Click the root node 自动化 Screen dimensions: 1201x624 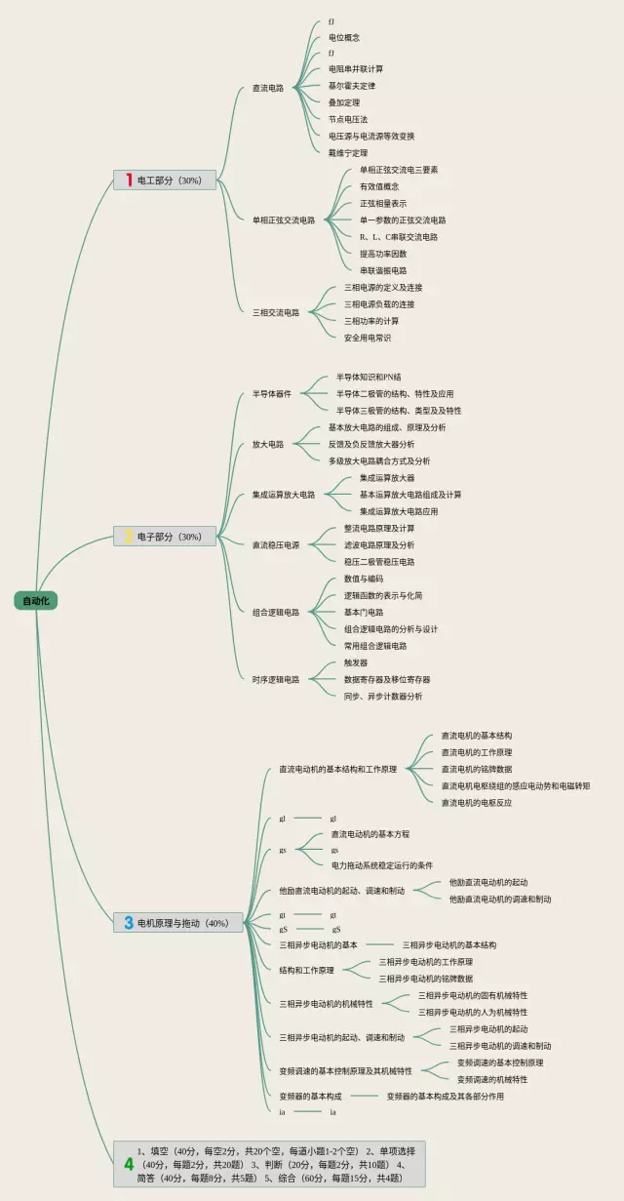[36, 600]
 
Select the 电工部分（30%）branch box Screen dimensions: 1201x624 [165, 180]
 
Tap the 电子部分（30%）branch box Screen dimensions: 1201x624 [165, 536]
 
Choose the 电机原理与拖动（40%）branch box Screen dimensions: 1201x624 [178, 922]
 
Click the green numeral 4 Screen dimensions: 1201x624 [129, 1164]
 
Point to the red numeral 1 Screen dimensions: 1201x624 [128, 180]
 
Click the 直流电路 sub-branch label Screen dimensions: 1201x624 [268, 88]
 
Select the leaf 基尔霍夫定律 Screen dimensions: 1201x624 [352, 86]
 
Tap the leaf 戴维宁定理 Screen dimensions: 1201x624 [348, 153]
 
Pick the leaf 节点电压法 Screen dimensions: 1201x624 [348, 119]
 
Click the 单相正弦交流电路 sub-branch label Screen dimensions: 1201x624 [284, 220]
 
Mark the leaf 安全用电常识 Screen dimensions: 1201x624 [368, 338]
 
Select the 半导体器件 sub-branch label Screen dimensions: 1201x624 [272, 394]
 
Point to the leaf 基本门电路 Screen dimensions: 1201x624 [364, 612]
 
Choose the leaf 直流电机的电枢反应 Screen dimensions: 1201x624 [476, 802]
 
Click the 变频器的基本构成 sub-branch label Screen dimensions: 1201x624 [310, 1096]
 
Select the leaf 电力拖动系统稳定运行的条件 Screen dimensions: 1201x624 [382, 865]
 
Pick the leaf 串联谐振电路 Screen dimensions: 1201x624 [383, 270]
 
